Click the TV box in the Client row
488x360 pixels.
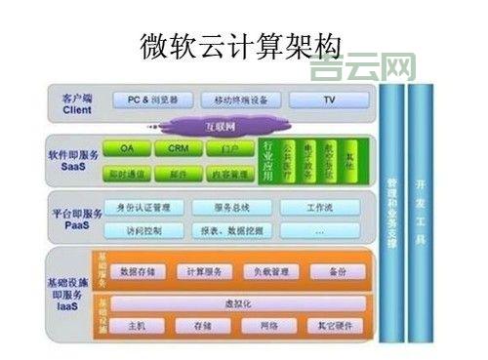coord(329,100)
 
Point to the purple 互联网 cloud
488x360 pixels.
coord(220,126)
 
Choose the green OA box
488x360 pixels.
coord(127,148)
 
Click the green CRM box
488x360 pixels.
coord(179,148)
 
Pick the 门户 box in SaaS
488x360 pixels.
coord(230,148)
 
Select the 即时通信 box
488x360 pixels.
coord(127,175)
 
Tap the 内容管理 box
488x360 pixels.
coord(230,175)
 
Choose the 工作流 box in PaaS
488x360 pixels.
coord(321,207)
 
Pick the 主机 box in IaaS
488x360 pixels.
coord(137,325)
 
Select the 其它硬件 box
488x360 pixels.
coord(335,325)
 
